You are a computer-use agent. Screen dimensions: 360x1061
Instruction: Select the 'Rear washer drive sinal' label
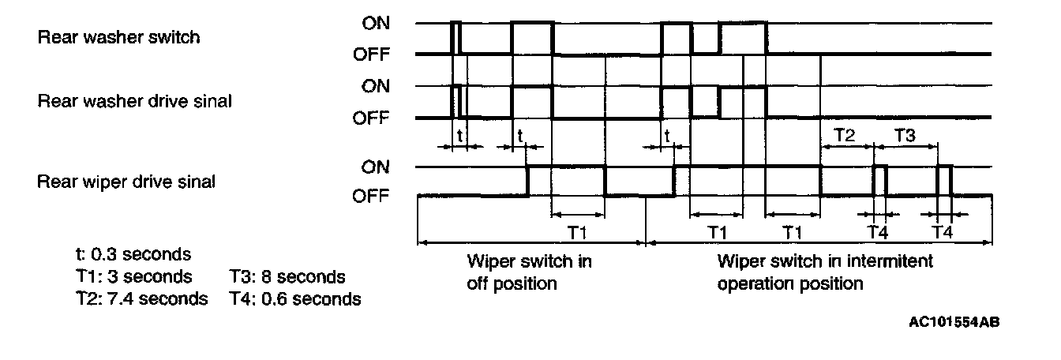click(x=134, y=101)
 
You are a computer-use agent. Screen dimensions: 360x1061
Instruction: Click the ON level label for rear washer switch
click(x=375, y=23)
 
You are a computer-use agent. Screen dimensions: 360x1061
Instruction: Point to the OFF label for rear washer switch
click(x=371, y=54)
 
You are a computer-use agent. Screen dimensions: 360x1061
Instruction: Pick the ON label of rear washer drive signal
click(x=375, y=86)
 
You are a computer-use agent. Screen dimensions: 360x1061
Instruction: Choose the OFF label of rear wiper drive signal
click(x=371, y=196)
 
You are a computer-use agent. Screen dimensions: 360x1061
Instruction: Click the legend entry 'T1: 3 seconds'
click(x=131, y=277)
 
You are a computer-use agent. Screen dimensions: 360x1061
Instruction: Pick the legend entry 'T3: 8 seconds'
click(x=287, y=277)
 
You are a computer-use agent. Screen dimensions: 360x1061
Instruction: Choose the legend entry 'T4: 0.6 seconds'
click(x=295, y=299)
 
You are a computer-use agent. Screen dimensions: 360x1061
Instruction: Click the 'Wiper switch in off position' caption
click(x=529, y=272)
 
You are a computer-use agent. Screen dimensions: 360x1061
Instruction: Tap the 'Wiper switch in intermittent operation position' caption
click(x=813, y=272)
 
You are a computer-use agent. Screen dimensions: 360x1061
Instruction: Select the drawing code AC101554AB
click(x=958, y=322)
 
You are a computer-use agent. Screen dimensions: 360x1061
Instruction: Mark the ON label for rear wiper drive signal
click(x=375, y=167)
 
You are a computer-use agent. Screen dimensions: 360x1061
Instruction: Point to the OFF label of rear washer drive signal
click(x=371, y=118)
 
